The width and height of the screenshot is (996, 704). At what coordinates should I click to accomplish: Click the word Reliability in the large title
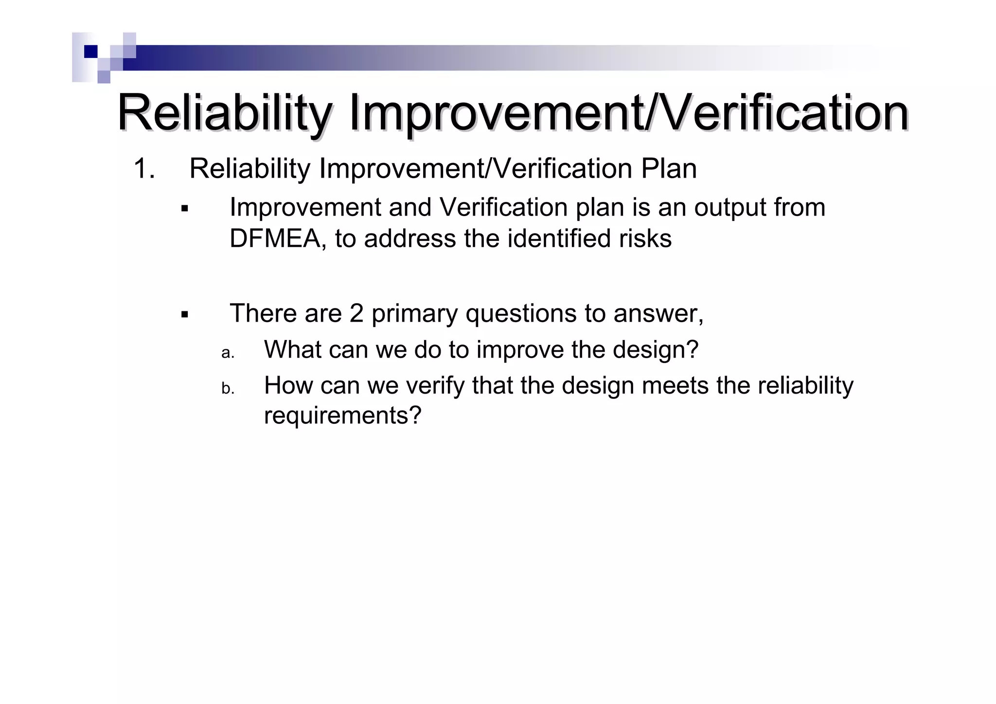(x=224, y=113)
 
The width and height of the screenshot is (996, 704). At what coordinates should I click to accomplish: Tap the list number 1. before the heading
(x=144, y=169)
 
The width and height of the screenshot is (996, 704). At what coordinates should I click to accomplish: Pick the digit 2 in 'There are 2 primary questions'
(x=356, y=313)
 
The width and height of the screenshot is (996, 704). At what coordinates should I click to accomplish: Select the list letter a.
(x=228, y=353)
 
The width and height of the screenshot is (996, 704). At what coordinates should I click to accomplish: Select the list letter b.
(x=228, y=388)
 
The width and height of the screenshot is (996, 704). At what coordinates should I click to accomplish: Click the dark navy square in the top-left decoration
(x=90, y=52)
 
